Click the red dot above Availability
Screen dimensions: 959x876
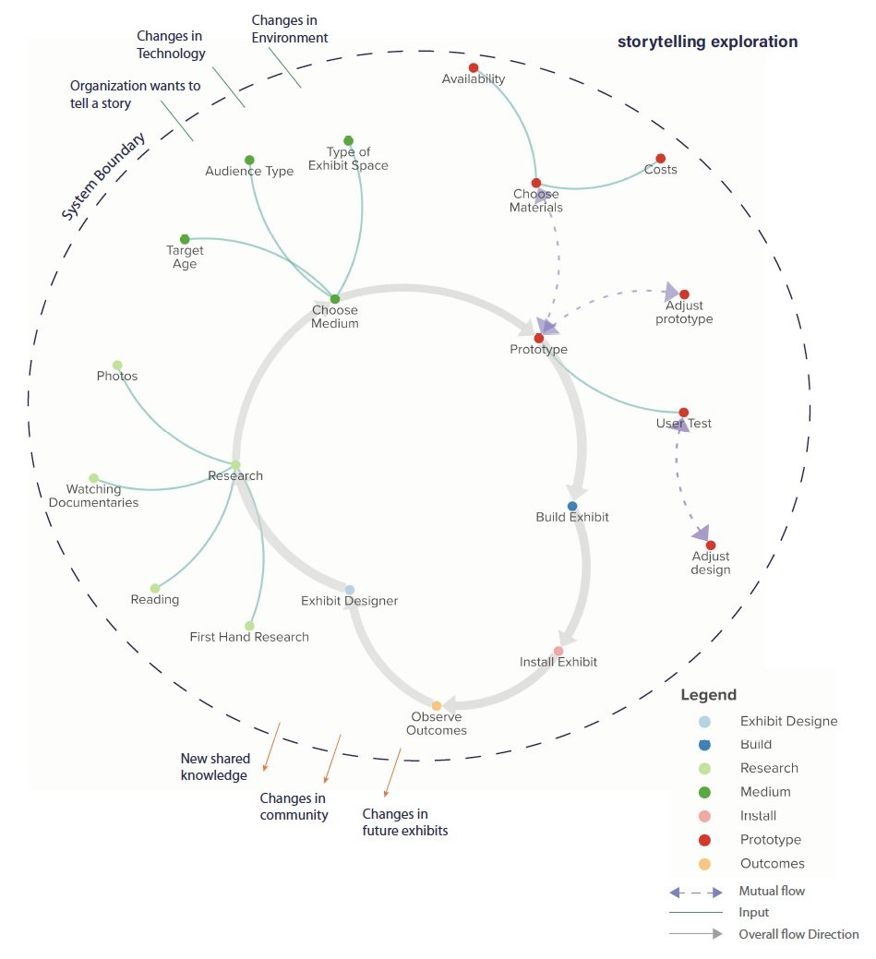click(474, 67)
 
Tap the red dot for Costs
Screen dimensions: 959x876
click(660, 159)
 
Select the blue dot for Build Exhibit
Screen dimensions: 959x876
click(572, 506)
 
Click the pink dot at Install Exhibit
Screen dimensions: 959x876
click(558, 651)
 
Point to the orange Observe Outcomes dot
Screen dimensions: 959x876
click(437, 706)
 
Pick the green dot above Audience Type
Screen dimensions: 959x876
click(249, 160)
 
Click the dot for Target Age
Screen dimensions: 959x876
click(185, 239)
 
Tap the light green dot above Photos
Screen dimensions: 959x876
click(117, 366)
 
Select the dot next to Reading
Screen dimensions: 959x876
click(155, 588)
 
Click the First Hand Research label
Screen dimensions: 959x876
click(249, 637)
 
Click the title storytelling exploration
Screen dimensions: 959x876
click(708, 42)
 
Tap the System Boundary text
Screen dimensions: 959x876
click(103, 179)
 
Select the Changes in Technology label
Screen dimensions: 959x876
click(171, 44)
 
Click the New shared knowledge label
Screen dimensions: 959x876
click(214, 767)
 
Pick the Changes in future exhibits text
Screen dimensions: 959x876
click(405, 821)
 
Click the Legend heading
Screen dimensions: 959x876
click(708, 695)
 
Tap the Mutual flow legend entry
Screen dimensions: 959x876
click(772, 892)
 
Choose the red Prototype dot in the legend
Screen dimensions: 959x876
click(705, 840)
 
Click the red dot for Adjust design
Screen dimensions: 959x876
click(711, 545)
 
